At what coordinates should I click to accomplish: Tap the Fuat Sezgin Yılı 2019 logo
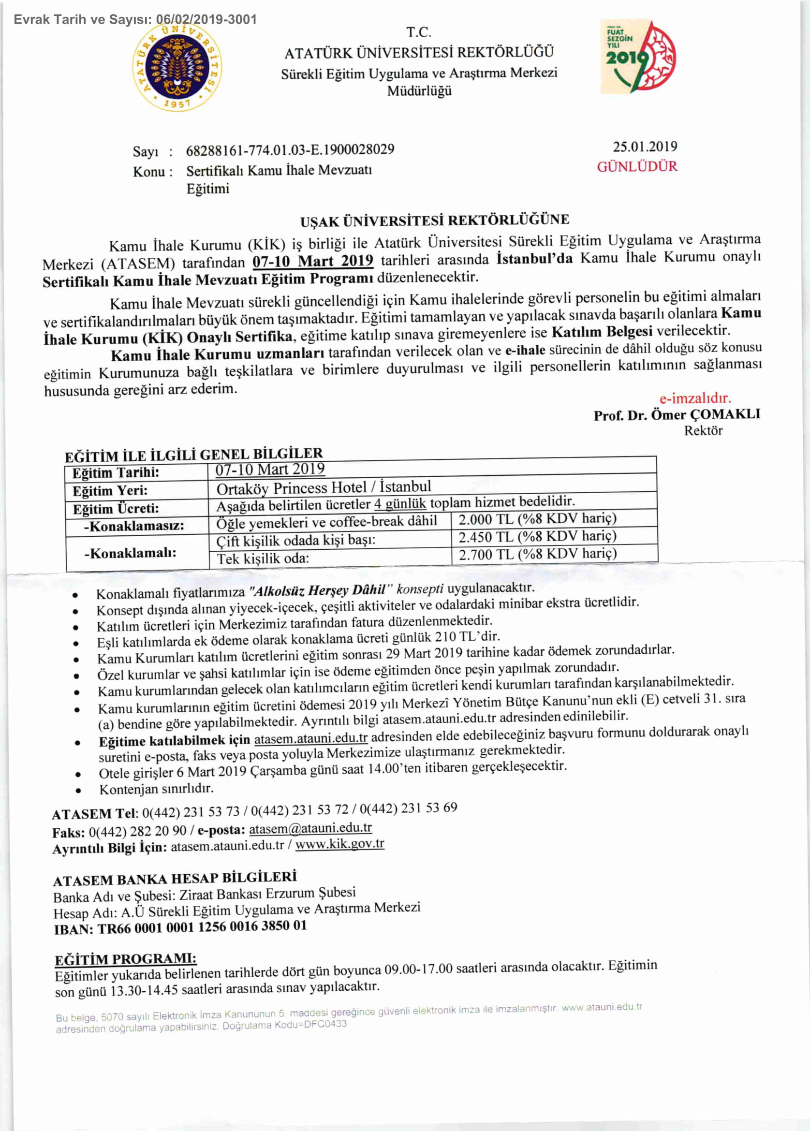(638, 57)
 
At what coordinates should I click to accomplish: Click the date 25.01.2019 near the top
(645, 147)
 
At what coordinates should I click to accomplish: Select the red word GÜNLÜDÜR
(637, 166)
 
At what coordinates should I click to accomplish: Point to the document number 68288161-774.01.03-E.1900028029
(290, 149)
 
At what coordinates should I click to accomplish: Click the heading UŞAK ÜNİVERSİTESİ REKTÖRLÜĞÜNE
(434, 220)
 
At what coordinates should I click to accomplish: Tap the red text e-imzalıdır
(695, 398)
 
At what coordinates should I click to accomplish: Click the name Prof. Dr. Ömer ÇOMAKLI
(677, 415)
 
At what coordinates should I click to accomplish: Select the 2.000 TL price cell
(537, 519)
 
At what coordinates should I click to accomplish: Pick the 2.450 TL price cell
(537, 537)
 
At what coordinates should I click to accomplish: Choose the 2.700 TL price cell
(537, 554)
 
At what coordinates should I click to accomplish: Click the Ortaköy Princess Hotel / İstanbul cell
(323, 487)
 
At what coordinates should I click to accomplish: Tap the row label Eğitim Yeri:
(110, 491)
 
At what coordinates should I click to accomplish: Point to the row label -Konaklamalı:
(130, 553)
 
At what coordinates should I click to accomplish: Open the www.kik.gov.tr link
(339, 844)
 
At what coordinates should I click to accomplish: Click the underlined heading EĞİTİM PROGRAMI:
(125, 959)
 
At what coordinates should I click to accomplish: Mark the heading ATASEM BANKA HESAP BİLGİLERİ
(175, 879)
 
